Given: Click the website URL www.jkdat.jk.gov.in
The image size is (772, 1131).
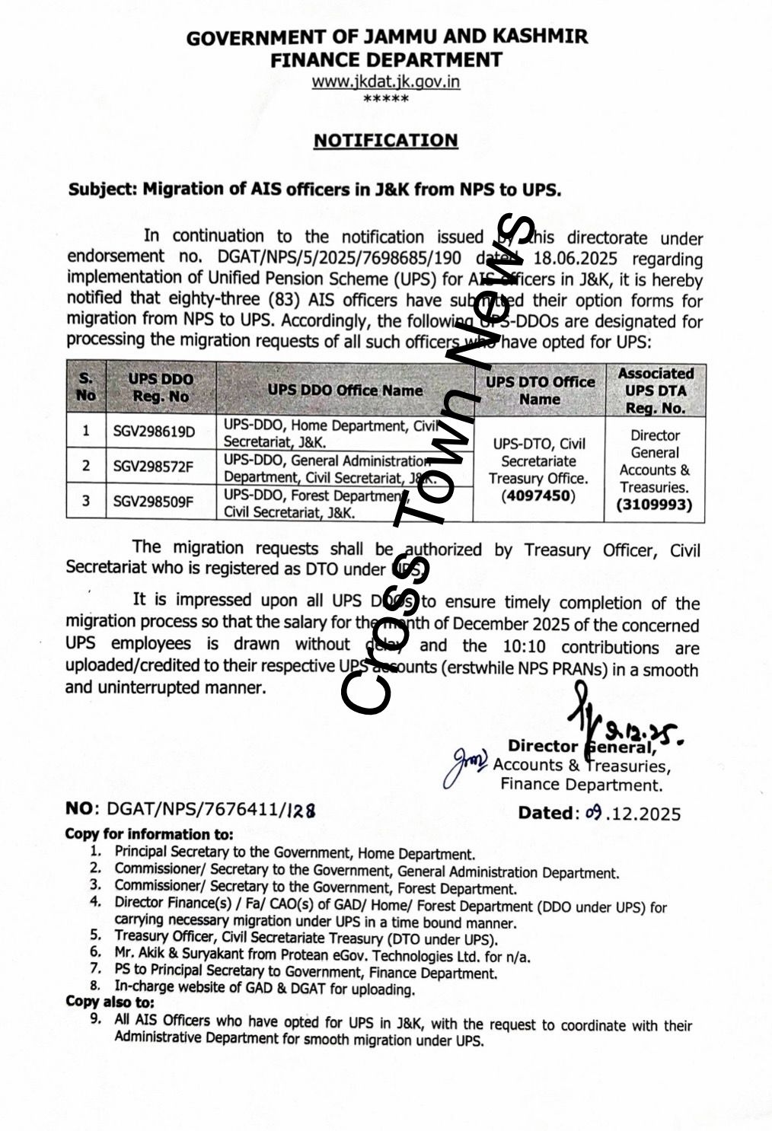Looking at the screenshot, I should [385, 81].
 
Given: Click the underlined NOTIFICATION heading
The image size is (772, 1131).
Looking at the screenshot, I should [386, 141].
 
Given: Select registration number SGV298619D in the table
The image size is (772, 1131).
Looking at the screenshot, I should [154, 432].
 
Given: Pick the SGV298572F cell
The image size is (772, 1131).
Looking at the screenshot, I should [153, 466].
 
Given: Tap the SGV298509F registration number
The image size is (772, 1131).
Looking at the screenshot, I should [153, 501].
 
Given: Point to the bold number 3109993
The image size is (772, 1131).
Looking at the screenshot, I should [655, 505].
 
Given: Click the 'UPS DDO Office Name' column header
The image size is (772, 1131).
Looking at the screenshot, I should [344, 390].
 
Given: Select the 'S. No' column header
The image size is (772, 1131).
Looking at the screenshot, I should [86, 387].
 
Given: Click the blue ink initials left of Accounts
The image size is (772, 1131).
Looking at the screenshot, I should [465, 764].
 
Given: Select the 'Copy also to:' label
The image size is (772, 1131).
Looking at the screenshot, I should [110, 1002].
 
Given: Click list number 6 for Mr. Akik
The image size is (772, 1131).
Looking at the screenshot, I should [95, 952].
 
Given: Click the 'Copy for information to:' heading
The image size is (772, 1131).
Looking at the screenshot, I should [149, 833].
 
